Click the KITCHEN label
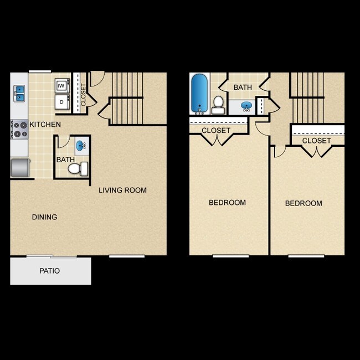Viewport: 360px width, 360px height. pos(45,125)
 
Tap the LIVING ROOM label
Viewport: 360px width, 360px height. pos(122,191)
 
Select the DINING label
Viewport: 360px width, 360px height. pos(44,217)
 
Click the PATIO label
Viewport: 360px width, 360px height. pos(49,271)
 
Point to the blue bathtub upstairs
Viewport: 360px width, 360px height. pos(199,93)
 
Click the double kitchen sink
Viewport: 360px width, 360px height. pos(19,93)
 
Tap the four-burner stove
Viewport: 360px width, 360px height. pos(19,130)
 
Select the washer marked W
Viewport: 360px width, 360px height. pos(61,86)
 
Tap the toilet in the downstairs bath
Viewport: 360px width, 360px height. pos(78,168)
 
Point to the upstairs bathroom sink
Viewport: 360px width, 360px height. pos(246,105)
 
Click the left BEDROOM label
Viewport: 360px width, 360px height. pos(227,203)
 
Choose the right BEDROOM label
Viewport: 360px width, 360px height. pos(304,203)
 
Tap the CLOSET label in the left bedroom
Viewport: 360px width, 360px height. pos(216,131)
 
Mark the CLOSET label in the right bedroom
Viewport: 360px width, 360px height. pos(317,141)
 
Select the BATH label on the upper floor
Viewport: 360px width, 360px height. pos(243,88)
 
